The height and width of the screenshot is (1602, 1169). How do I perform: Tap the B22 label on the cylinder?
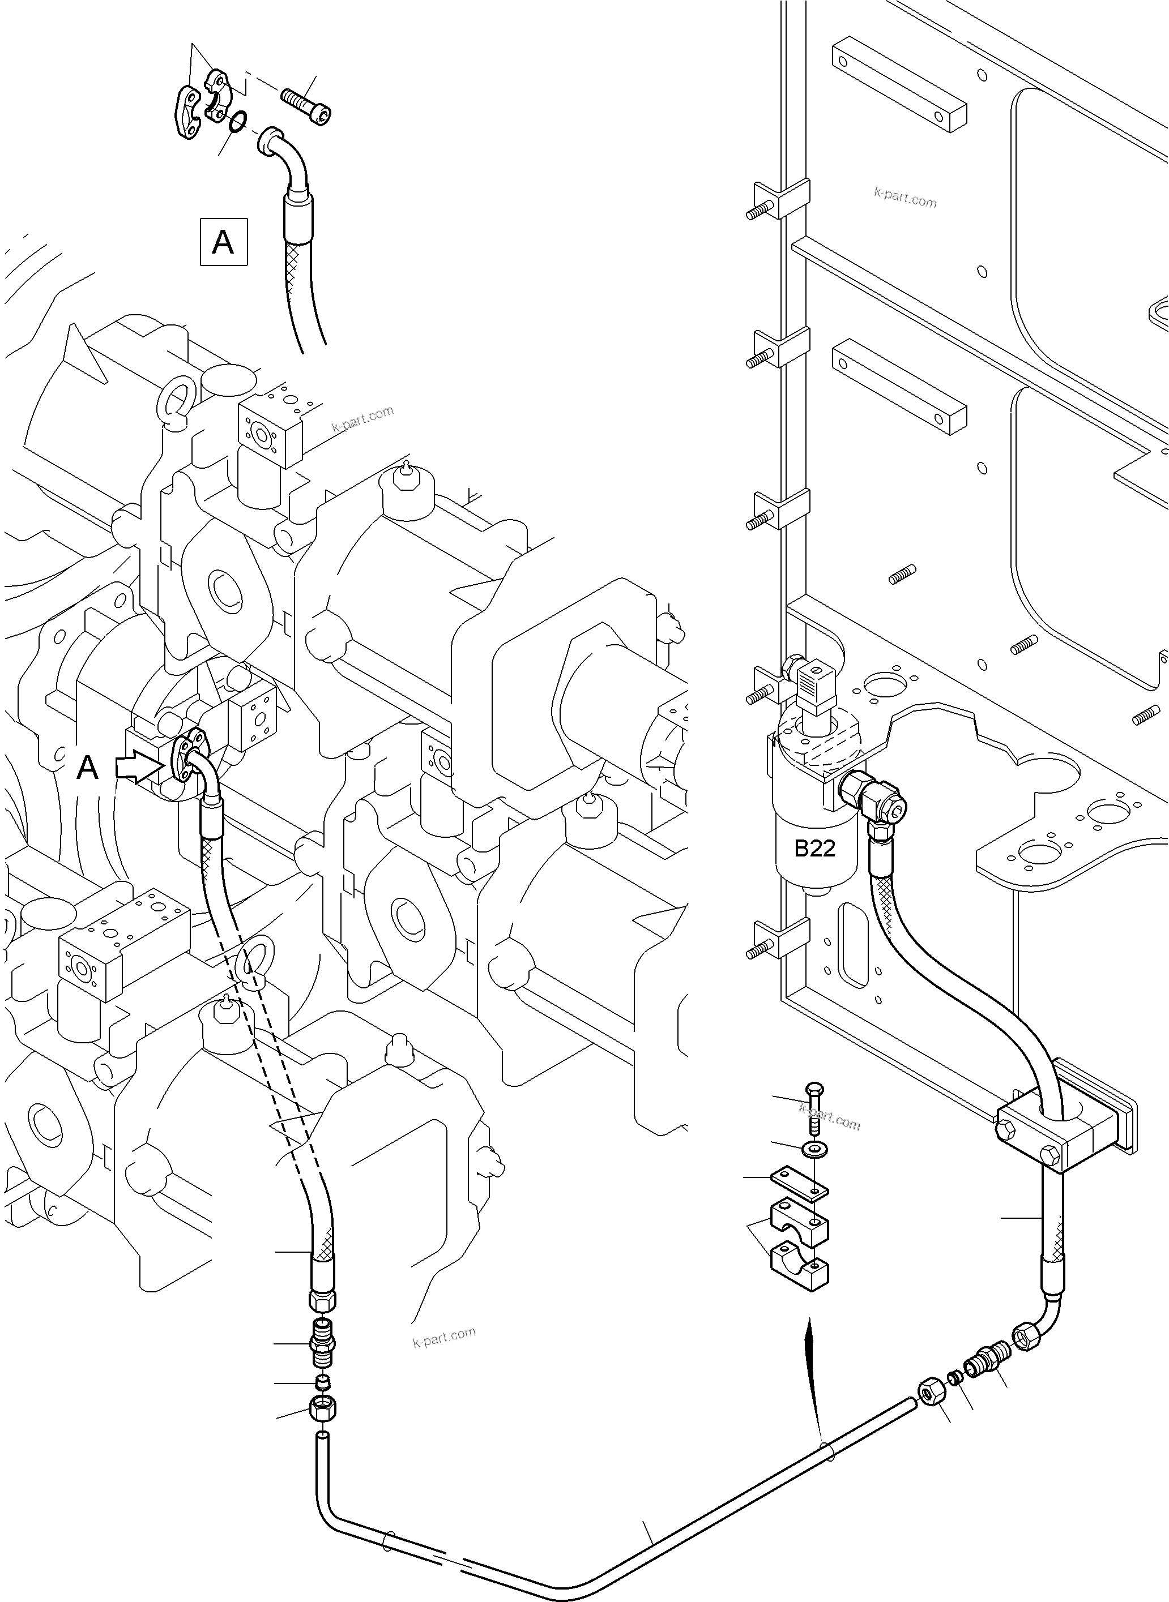click(x=814, y=848)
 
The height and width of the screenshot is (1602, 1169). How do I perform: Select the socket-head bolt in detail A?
click(x=306, y=106)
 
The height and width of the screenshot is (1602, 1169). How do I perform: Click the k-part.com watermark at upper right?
click(x=905, y=198)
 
